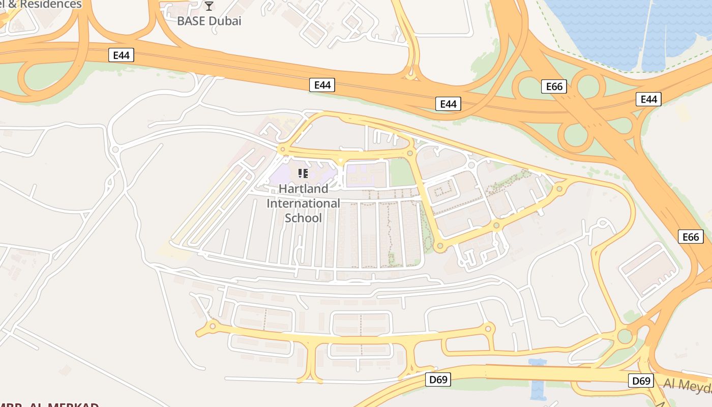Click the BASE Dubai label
coord(209,21)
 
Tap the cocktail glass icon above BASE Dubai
coord(209,6)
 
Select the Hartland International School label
coord(304,203)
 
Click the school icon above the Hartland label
coord(303,173)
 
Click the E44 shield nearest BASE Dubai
coord(121,55)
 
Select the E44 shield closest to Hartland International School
coord(322,85)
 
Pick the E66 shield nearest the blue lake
coord(554,86)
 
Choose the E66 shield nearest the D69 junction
coord(690,237)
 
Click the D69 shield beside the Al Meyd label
coord(641,381)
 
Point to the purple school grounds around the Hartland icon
coord(285,176)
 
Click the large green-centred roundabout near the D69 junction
coord(625,336)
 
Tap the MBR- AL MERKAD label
coord(51,404)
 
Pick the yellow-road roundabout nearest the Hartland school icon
coord(282,149)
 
